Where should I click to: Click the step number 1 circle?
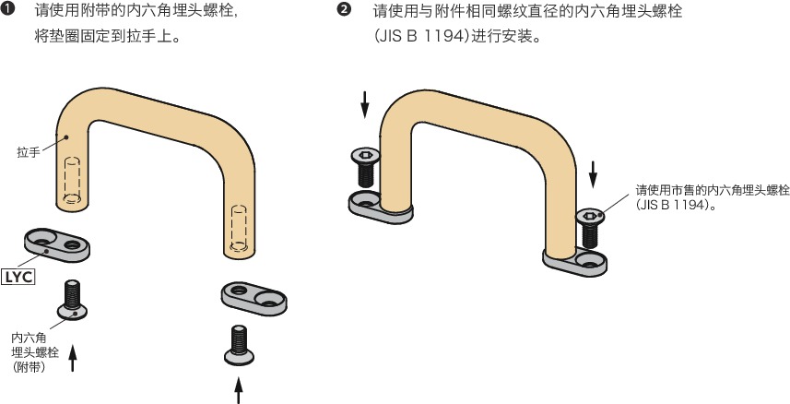point(8,11)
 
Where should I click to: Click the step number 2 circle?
point(344,11)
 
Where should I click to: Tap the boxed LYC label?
point(19,275)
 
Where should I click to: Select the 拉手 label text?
point(27,153)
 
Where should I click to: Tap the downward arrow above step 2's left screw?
point(365,103)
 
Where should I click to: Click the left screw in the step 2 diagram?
point(364,167)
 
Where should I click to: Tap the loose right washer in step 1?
point(254,297)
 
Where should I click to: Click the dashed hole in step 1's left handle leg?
point(71,180)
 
